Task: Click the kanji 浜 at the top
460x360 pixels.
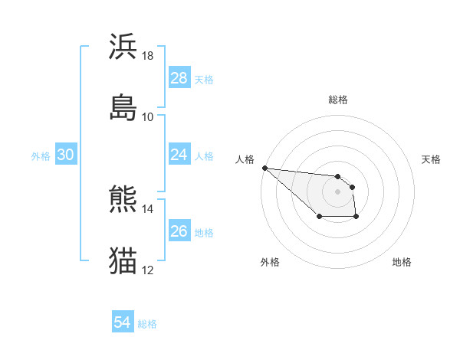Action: point(123,47)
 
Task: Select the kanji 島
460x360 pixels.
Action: point(123,106)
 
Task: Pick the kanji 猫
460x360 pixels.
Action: point(123,260)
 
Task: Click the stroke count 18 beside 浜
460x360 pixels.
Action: point(148,56)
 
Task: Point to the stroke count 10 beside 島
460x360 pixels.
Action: point(148,116)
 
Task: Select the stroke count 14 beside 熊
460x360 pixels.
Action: point(148,208)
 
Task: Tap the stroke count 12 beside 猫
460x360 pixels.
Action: point(148,270)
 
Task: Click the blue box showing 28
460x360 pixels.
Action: point(179,78)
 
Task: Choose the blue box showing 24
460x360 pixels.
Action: point(179,155)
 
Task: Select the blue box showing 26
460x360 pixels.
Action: point(179,231)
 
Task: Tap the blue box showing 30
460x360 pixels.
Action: point(66,155)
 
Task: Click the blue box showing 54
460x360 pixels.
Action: point(123,322)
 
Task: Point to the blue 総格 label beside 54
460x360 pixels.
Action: point(147,324)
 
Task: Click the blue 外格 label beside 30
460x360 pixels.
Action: point(41,156)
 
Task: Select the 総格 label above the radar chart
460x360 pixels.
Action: point(338,100)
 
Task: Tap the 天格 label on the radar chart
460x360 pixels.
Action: point(432,159)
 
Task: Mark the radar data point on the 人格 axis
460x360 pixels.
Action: point(264,168)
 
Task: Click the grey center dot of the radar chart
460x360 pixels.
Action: point(338,191)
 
